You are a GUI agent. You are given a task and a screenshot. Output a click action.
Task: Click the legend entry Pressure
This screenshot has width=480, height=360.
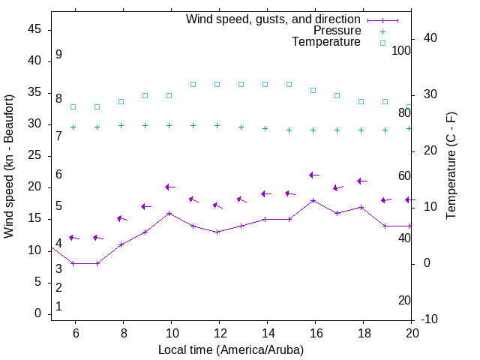pyautogui.click(x=337, y=31)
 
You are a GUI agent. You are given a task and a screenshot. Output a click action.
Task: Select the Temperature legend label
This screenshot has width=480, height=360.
pyautogui.click(x=326, y=42)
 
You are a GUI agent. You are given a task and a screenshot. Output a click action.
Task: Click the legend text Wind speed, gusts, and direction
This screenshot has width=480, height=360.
pyautogui.click(x=274, y=19)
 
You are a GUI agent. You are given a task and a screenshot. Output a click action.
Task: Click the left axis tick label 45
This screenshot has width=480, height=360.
pyautogui.click(x=34, y=29)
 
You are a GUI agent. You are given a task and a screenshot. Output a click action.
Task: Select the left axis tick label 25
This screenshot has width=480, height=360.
pyautogui.click(x=34, y=155)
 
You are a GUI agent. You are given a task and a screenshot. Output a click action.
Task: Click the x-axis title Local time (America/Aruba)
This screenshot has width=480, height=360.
pyautogui.click(x=231, y=349)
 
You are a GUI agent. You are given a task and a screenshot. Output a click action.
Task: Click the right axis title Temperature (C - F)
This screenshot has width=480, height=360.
pyautogui.click(x=451, y=166)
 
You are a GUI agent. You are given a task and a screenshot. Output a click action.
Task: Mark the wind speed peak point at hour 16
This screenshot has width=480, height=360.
pyautogui.click(x=313, y=200)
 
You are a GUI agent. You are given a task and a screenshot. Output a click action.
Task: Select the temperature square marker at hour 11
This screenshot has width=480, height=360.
pyautogui.click(x=193, y=84)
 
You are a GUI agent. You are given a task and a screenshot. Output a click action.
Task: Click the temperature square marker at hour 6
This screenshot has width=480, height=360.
pyautogui.click(x=73, y=106)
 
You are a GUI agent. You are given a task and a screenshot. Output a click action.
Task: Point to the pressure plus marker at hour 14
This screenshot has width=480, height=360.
pyautogui.click(x=265, y=128)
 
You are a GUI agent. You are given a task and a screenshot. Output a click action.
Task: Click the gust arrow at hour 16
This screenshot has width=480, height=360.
pyautogui.click(x=314, y=175)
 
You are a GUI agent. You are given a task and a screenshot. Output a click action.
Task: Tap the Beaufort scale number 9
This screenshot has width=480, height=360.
pyautogui.click(x=58, y=55)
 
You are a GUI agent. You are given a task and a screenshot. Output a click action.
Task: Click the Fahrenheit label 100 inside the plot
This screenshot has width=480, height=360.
pyautogui.click(x=401, y=50)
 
